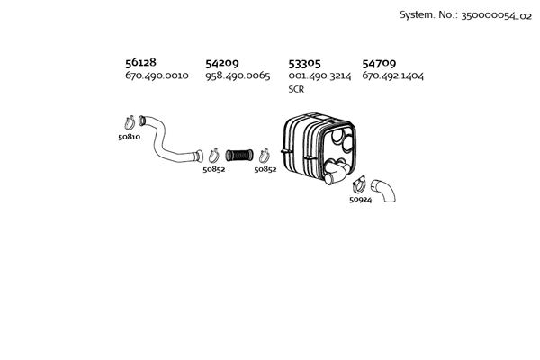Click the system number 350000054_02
496,16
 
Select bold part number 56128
140,62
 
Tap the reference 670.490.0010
157,76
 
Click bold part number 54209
221,63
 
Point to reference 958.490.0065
238,76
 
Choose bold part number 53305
304,64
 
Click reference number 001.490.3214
319,76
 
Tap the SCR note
296,89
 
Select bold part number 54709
379,63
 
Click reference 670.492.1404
392,76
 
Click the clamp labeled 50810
130,122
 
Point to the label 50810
129,137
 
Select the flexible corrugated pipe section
239,156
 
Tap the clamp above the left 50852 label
214,156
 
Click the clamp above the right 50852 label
264,156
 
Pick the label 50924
361,200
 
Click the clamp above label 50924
359,184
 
